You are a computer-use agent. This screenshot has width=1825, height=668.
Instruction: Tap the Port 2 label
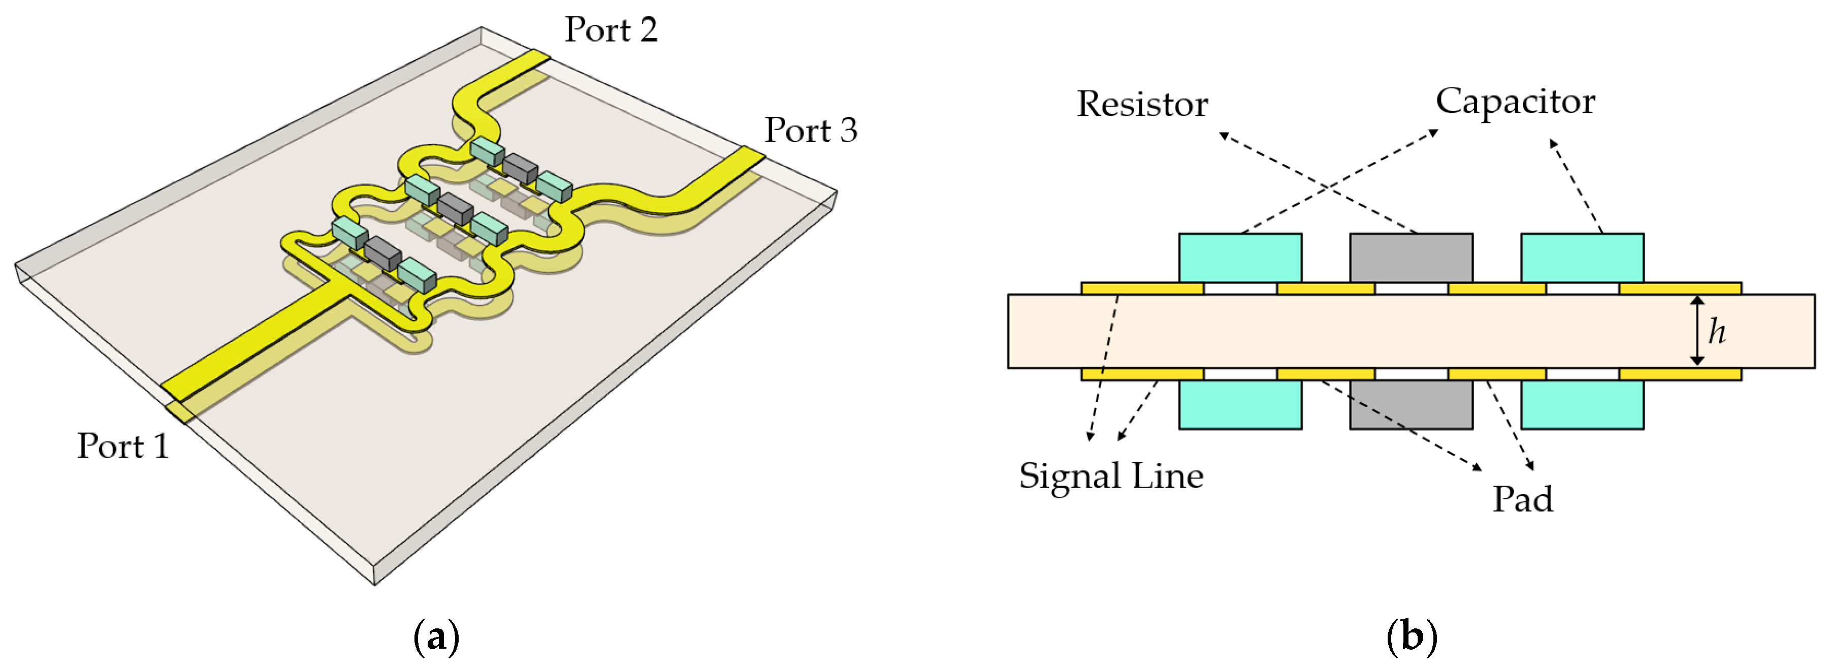pyautogui.click(x=611, y=30)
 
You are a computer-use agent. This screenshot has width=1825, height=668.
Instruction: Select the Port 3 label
pyautogui.click(x=811, y=131)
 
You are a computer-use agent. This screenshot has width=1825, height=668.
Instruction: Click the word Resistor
pyautogui.click(x=1142, y=104)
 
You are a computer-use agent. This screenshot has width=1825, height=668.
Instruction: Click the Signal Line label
pyautogui.click(x=1111, y=475)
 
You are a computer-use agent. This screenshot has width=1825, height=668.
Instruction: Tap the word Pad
pyautogui.click(x=1522, y=499)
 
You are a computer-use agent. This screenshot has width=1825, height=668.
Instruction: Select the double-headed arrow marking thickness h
pyautogui.click(x=1697, y=331)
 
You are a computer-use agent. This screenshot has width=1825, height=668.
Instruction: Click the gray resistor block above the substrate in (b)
pyautogui.click(x=1411, y=258)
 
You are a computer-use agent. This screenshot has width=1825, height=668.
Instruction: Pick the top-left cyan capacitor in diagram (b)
pyautogui.click(x=1240, y=258)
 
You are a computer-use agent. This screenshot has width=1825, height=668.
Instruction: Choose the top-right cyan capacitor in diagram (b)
pyautogui.click(x=1582, y=258)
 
